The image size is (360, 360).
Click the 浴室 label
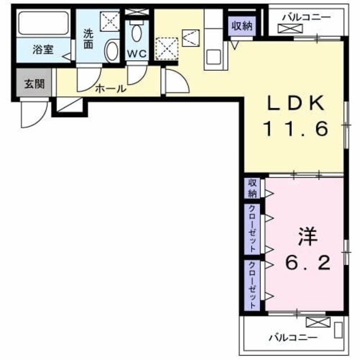pyautogui.click(x=43, y=49)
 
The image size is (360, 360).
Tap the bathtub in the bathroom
pyautogui.click(x=43, y=24)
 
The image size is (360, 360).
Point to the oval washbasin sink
pyautogui.click(x=111, y=51)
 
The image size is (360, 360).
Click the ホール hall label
pyautogui.click(x=110, y=88)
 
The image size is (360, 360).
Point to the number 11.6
pyautogui.click(x=296, y=130)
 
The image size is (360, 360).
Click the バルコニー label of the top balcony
pyautogui.click(x=306, y=17)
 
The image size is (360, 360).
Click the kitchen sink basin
pyautogui.click(x=213, y=56)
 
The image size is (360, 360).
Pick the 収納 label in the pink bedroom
pyautogui.click(x=251, y=188)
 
